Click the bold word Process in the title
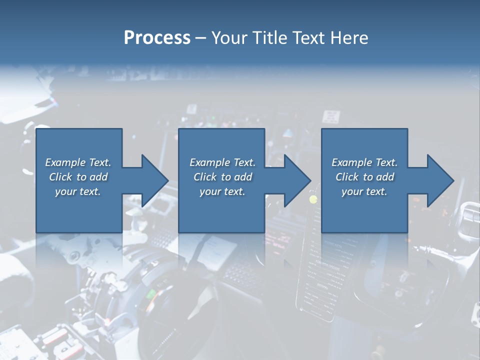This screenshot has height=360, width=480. point(157,38)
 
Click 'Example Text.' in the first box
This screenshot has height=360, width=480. point(78,162)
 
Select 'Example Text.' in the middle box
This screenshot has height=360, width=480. point(222,162)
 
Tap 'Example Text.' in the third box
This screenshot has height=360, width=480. point(364,162)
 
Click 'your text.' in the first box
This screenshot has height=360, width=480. point(78,191)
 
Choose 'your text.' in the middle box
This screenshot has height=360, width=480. point(222,191)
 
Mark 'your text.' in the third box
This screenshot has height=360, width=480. point(364,191)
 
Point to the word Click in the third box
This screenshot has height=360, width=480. point(347,177)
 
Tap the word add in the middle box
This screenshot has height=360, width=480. point(243,177)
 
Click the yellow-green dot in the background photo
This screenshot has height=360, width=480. point(313,199)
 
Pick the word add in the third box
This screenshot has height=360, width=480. point(385,177)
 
